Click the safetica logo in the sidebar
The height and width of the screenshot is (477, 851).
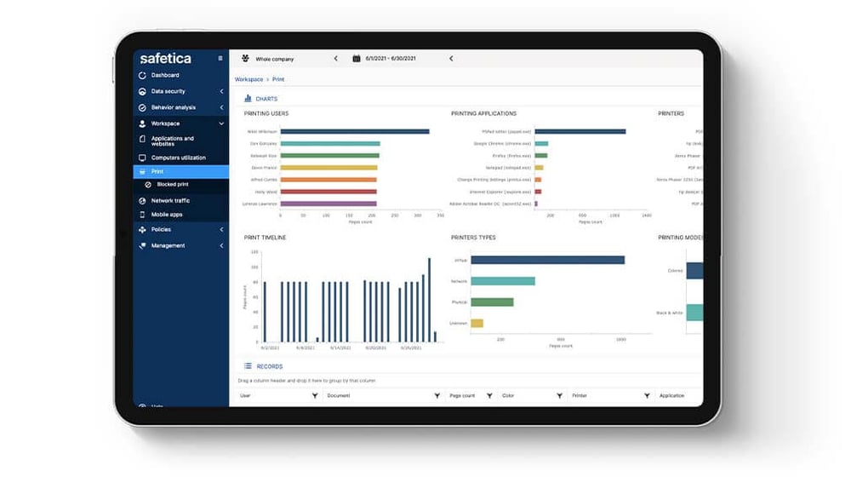tap(165, 59)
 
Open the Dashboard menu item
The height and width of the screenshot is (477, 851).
tap(165, 75)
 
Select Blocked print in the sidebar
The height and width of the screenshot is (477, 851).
tap(172, 184)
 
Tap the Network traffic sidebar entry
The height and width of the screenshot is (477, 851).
tap(170, 200)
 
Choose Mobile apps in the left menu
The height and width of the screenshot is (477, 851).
tap(167, 215)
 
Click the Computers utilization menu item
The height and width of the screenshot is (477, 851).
tap(178, 158)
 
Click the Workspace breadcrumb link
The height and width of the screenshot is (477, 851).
tap(248, 79)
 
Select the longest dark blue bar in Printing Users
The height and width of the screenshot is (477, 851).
tap(354, 131)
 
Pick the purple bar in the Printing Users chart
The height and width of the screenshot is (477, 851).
tap(328, 204)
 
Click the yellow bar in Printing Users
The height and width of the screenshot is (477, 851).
tap(328, 168)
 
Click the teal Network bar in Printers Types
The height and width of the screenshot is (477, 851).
tap(502, 281)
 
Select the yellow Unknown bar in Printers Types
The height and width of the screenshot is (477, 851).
tap(477, 323)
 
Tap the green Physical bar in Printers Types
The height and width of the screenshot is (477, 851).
tap(492, 302)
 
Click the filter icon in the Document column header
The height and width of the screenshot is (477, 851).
tap(437, 396)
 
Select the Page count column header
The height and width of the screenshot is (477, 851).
tap(462, 396)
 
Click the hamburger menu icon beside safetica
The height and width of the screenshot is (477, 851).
tap(220, 59)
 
